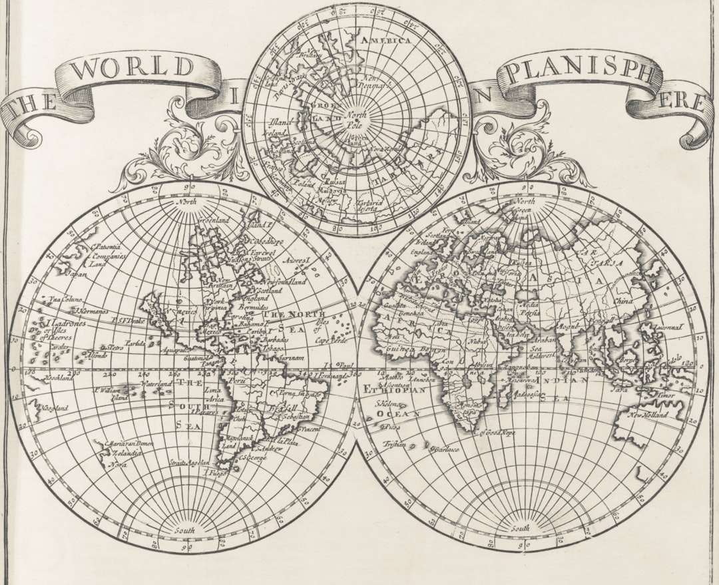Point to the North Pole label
coord(356,118)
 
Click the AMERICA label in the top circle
coord(385,40)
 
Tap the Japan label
coord(77,273)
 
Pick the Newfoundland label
coord(286,282)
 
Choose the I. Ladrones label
coord(67,323)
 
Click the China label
coord(623,301)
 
